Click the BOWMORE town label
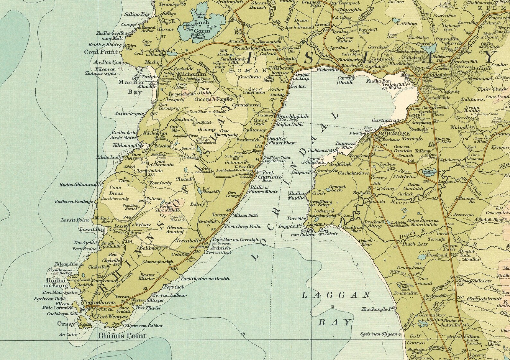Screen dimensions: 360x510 coord(390,133)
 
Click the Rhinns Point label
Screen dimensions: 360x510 coord(122,336)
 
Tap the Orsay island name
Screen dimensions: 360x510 coord(66,324)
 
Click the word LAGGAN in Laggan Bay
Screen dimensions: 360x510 coord(336,295)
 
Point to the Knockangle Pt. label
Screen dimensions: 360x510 coord(378,309)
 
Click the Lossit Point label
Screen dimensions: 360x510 coord(75,220)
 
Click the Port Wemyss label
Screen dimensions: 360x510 coord(112,317)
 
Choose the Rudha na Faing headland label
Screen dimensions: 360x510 coord(57,283)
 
